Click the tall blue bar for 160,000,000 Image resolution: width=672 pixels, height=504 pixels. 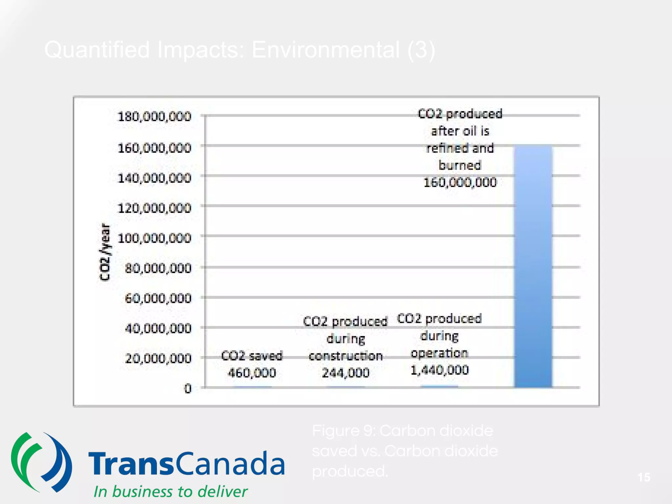533,266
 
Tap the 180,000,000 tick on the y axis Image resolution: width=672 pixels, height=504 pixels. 154,116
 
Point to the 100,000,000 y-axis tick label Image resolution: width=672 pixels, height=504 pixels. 154,238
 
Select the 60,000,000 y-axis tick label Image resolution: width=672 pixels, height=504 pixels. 158,298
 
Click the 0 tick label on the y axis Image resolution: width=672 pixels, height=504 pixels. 187,388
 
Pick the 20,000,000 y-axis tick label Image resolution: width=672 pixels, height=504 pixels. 158,358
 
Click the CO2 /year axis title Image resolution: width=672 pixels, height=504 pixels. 105,252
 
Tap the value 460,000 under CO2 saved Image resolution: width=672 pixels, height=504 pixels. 252,373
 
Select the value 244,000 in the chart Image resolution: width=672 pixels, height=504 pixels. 346,373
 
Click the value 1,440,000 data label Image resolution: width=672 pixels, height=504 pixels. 439,370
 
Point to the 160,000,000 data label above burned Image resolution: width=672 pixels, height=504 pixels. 460,182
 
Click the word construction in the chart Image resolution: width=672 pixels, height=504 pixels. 346,356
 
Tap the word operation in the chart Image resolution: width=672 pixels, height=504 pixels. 439,353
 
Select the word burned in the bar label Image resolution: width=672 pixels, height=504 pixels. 460,165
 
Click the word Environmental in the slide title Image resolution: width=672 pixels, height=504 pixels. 325,50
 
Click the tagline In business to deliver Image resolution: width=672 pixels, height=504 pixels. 170,492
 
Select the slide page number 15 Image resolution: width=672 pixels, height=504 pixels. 644,477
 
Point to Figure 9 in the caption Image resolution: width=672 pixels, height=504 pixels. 343,430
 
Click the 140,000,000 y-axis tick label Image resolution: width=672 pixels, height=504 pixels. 154,178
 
